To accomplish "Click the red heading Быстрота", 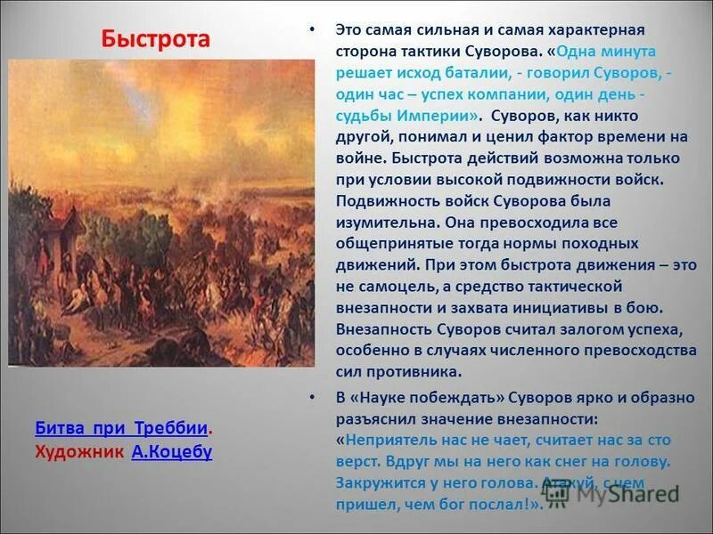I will (x=155, y=39).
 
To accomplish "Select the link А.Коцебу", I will (x=171, y=451).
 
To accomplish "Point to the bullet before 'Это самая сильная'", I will (x=311, y=29).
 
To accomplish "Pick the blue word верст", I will (x=357, y=462).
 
